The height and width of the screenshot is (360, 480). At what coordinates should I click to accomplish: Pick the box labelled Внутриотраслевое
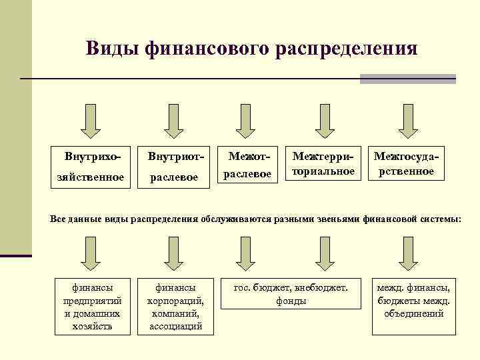[174, 167]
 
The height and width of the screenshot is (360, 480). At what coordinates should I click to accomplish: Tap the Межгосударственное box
[407, 163]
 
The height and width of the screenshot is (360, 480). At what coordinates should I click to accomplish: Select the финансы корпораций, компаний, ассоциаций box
[175, 307]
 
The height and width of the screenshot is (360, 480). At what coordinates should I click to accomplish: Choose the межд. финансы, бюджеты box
[413, 299]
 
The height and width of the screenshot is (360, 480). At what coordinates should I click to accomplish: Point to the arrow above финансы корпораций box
[173, 255]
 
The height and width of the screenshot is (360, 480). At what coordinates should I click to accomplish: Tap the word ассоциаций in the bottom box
[175, 326]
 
